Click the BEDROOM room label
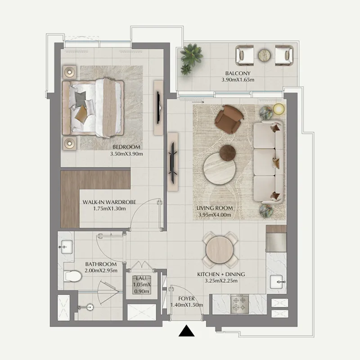pyautogui.click(x=126, y=147)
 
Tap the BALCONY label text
pyautogui.click(x=238, y=73)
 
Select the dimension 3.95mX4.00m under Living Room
pyautogui.click(x=215, y=215)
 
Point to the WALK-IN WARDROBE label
pyautogui.click(x=109, y=202)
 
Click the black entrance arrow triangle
pyautogui.click(x=186, y=331)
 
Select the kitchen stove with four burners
pyautogui.click(x=239, y=304)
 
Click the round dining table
pyautogui.click(x=220, y=250)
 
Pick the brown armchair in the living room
pyautogui.click(x=229, y=119)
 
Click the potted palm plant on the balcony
pyautogui.click(x=191, y=58)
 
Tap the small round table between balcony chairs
pyautogui.click(x=264, y=55)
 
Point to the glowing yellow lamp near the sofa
pyautogui.click(x=279, y=109)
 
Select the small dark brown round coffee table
pyautogui.click(x=228, y=153)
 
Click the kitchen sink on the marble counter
pyautogui.click(x=278, y=282)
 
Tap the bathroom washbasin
pyautogui.click(x=67, y=247)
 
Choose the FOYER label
pyautogui.click(x=186, y=299)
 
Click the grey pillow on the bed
pyautogui.click(x=81, y=99)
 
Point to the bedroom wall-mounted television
pyautogui.click(x=158, y=108)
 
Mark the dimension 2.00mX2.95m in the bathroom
pyautogui.click(x=101, y=271)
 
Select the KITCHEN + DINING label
pyautogui.click(x=221, y=274)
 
